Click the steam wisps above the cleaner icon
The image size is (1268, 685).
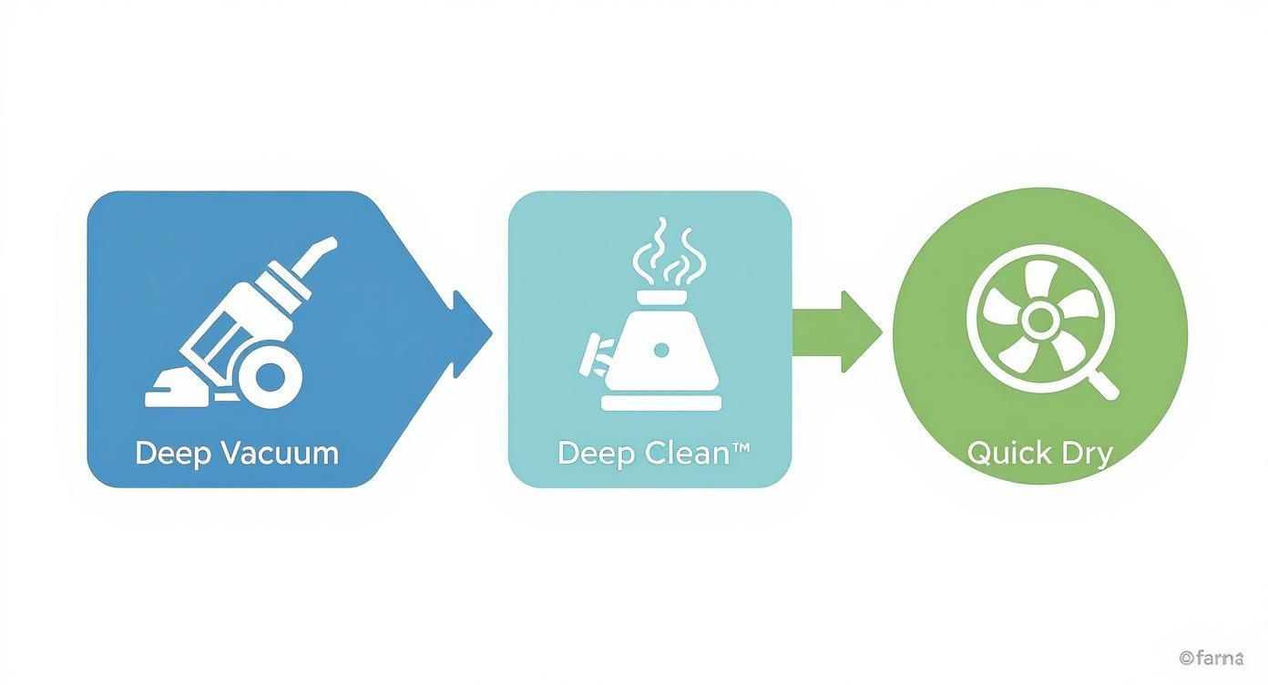pos(667,250)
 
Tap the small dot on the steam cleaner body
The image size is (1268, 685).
pos(661,350)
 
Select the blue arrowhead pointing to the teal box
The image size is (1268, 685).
pos(468,333)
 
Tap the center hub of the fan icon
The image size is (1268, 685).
pos(1038,319)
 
